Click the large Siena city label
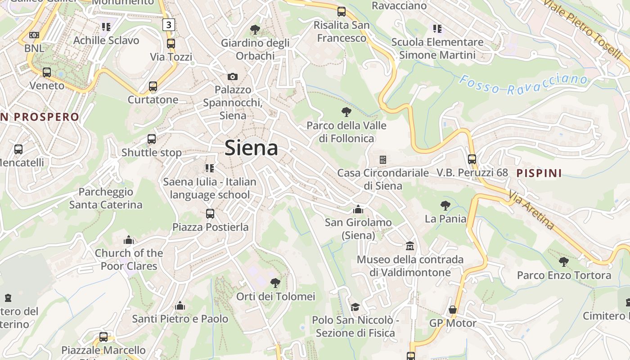[x=251, y=148]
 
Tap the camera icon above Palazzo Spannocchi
[x=233, y=76]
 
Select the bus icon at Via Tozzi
[x=171, y=44]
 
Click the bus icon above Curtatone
[x=153, y=86]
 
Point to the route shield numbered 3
[x=168, y=25]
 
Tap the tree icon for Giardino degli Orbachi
[x=255, y=30]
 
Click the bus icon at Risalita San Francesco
[x=342, y=12]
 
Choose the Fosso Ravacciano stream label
[x=523, y=84]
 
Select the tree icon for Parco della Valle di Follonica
[x=346, y=112]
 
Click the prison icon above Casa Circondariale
[x=383, y=160]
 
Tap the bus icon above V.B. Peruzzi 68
[x=472, y=159]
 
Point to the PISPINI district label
[x=539, y=173]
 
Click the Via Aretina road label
[x=532, y=210]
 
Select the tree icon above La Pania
[x=445, y=206]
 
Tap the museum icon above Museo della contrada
[x=410, y=246]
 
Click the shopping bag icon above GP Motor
[x=453, y=310]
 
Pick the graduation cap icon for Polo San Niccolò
[x=355, y=307]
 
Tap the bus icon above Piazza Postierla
[x=210, y=214]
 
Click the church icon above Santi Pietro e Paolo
[x=180, y=306]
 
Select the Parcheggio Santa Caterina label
[x=106, y=198]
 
